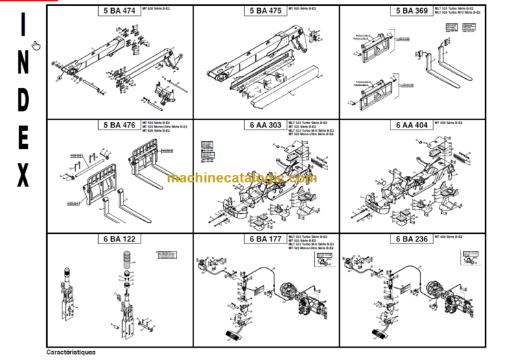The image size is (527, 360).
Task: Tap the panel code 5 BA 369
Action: (411, 10)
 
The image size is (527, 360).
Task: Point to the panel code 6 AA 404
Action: (411, 125)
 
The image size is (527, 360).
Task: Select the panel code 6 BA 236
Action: (411, 239)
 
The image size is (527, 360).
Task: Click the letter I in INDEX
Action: (23, 26)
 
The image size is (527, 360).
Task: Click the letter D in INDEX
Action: (23, 100)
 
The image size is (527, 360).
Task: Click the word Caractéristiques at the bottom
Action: (71, 352)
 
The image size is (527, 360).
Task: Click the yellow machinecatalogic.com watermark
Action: (242, 178)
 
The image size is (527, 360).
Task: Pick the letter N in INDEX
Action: (23, 63)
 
